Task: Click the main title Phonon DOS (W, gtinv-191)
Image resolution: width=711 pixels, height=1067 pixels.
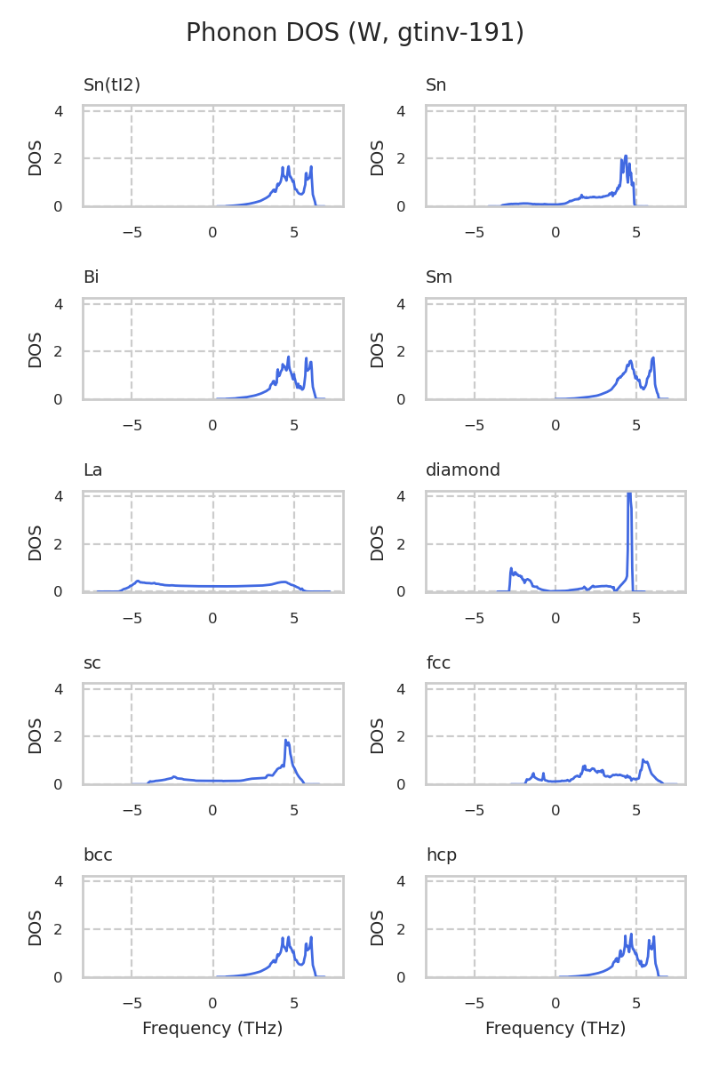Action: (355, 33)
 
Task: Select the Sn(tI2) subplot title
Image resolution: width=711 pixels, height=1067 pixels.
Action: (112, 85)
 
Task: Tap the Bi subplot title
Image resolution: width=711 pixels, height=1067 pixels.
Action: (92, 277)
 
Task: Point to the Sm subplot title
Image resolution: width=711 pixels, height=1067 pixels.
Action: (439, 277)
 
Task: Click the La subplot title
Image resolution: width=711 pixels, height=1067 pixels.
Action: (93, 470)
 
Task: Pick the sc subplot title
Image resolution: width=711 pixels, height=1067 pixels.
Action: (92, 663)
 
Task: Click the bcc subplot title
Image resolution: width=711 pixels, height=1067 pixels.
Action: (98, 855)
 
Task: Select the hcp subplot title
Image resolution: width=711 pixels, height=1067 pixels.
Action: (442, 855)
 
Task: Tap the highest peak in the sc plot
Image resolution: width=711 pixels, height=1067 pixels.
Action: (286, 741)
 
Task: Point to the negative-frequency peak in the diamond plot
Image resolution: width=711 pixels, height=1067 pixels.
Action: (511, 569)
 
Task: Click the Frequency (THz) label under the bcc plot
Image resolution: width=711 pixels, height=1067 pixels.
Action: (212, 1029)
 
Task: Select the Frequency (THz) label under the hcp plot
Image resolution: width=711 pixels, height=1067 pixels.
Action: (555, 1029)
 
